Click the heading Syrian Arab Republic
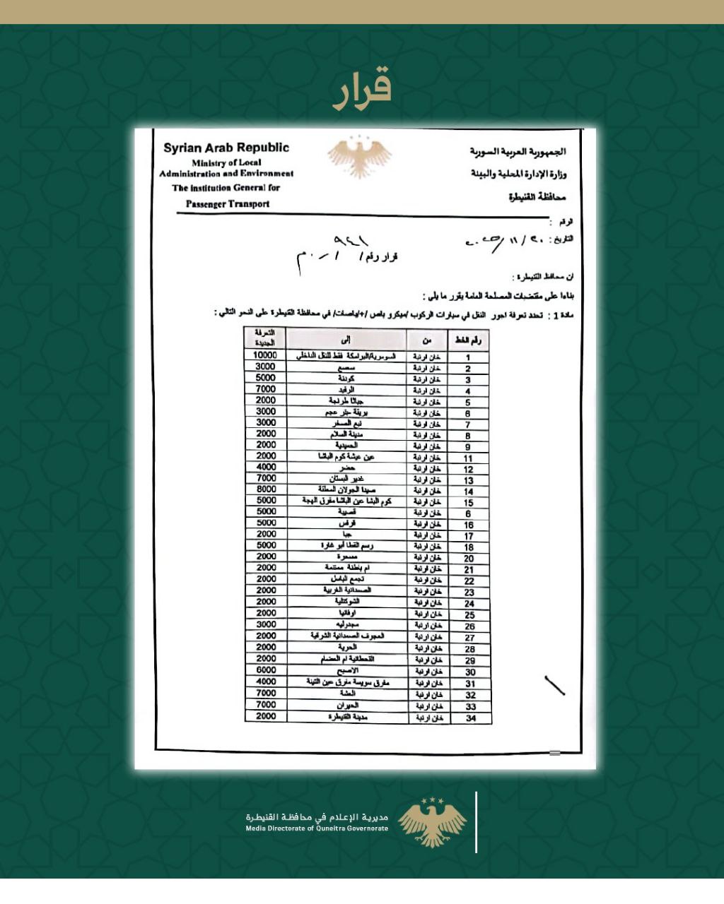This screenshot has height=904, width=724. (x=226, y=148)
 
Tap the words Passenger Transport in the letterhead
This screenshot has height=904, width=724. (x=228, y=204)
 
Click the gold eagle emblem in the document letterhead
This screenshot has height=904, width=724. (x=360, y=157)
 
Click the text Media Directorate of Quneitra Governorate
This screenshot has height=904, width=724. (x=317, y=828)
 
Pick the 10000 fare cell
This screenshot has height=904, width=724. (x=265, y=355)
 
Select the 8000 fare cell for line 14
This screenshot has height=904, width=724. (x=266, y=489)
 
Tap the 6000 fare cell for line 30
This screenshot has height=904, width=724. (x=266, y=670)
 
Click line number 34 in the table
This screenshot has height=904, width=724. (x=470, y=718)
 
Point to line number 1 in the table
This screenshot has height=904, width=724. (x=468, y=357)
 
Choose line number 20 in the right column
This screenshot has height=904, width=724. (x=469, y=558)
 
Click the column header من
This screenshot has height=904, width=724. (x=427, y=340)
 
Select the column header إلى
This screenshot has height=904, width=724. (x=346, y=340)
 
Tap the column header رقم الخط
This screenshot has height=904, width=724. (x=468, y=340)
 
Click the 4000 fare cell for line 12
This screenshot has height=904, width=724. (x=266, y=467)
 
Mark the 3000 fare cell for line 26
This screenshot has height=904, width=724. (x=266, y=624)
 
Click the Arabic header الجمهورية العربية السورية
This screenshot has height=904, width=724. (x=518, y=152)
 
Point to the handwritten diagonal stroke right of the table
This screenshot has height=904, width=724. (x=554, y=686)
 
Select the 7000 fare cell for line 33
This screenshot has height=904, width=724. (x=266, y=704)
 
